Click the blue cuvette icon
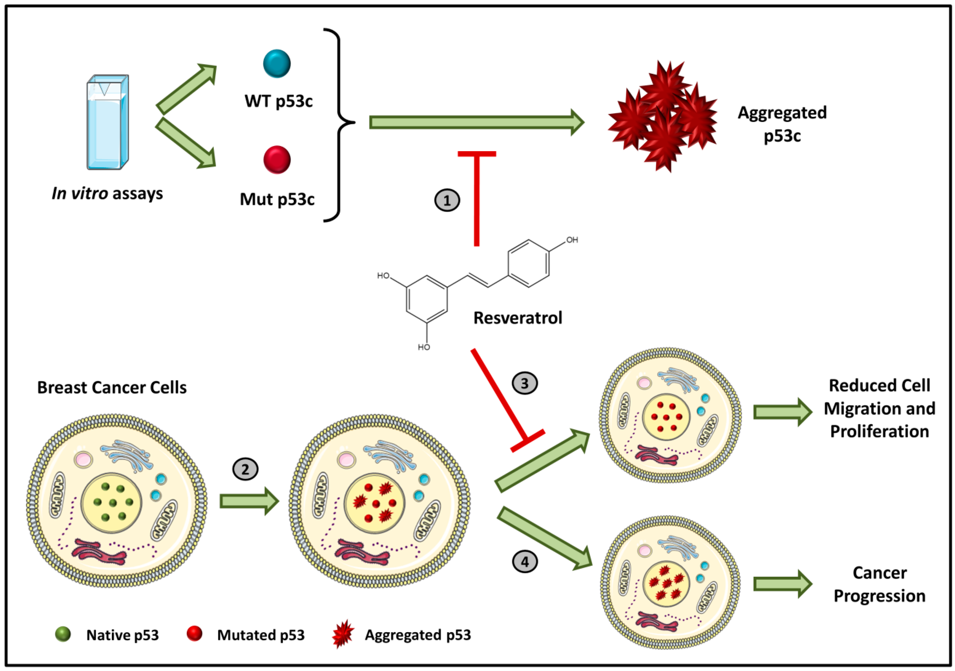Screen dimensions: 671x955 coord(107,123)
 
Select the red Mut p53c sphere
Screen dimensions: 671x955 coord(277,160)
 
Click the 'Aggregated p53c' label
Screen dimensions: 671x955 coord(782,124)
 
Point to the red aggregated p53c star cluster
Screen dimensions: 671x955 coord(663,116)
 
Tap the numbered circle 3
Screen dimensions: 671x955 coord(525,383)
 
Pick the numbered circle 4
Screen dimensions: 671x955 coord(525,562)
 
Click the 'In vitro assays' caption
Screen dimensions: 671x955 coord(107,193)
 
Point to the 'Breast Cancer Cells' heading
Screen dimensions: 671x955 coord(112,388)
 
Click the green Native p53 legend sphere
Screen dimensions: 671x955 coord(63,634)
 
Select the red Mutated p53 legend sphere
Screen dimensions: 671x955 coord(194,634)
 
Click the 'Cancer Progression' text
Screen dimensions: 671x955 coord(879,584)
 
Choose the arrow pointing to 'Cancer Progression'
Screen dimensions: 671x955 coord(782,584)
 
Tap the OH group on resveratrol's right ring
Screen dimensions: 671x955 coord(572,240)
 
